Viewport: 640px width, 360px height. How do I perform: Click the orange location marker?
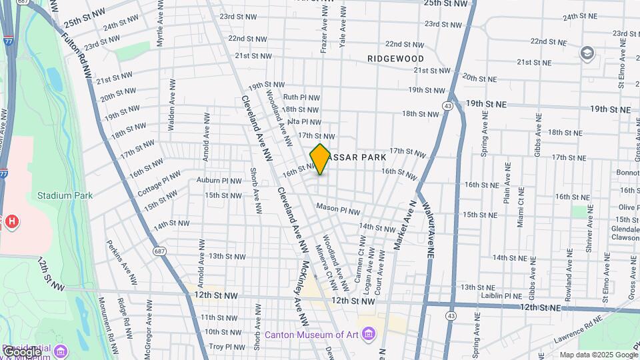320,159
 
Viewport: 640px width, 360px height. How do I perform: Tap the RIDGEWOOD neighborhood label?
395,59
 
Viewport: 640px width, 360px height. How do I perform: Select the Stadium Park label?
65,195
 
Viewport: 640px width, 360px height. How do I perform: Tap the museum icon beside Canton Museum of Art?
368,335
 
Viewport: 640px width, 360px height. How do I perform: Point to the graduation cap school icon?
587,53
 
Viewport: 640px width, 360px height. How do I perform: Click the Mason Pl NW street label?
338,209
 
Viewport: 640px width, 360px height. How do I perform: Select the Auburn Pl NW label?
219,180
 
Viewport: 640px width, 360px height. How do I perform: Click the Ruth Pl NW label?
301,97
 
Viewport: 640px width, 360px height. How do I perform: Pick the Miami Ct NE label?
521,208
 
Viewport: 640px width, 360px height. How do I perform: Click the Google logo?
23,351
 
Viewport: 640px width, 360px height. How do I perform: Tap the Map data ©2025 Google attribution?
598,355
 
